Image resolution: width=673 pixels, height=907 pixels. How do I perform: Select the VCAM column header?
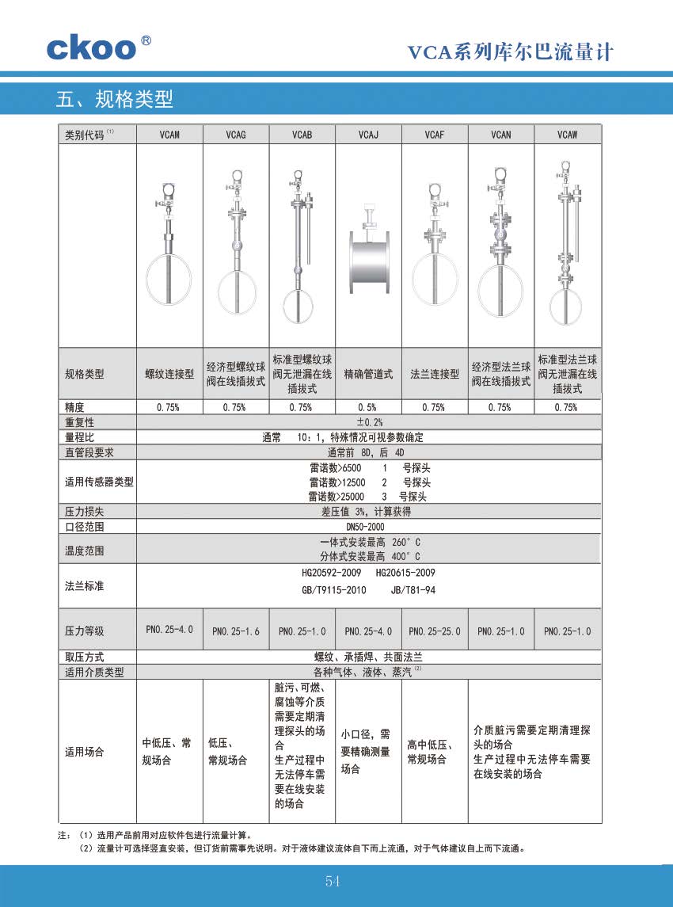[x=169, y=135]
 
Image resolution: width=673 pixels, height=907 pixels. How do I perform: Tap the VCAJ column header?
[x=368, y=135]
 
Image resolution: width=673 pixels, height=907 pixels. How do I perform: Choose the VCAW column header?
[x=567, y=135]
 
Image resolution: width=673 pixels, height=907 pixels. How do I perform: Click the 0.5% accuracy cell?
[x=367, y=407]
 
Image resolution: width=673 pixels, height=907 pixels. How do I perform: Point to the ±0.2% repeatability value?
[x=369, y=422]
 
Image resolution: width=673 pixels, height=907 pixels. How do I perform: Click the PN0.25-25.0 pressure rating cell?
[x=434, y=631]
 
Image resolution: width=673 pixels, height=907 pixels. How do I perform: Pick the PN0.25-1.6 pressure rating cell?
[x=236, y=631]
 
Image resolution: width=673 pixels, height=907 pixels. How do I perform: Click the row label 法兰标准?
[x=85, y=587]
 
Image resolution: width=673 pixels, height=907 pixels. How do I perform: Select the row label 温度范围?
[x=85, y=549]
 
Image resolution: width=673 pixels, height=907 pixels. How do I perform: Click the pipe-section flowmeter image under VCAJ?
[x=368, y=257]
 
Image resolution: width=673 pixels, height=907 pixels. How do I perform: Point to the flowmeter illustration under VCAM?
[x=167, y=246]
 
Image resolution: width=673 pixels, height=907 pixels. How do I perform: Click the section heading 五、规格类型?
[x=115, y=99]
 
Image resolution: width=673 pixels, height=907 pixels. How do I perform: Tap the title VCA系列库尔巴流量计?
[x=511, y=53]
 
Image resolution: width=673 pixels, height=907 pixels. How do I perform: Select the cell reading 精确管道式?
[x=368, y=374]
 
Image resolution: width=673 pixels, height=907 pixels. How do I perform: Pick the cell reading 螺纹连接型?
[x=169, y=374]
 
